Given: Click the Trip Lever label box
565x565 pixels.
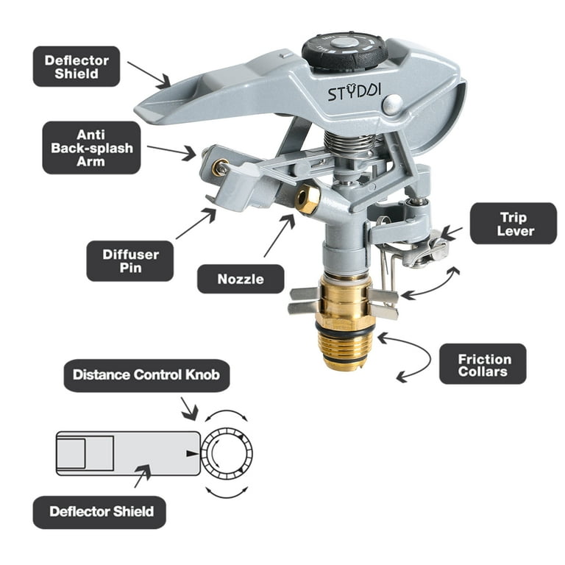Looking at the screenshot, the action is [x=513, y=224].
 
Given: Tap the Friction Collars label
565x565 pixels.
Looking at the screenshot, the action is [x=483, y=363].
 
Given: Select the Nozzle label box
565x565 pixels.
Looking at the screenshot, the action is [x=241, y=279].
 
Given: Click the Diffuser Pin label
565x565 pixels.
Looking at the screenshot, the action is [x=130, y=261].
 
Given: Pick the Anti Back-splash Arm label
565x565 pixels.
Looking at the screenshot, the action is [x=91, y=148].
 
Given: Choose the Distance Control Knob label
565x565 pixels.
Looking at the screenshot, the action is [x=146, y=375].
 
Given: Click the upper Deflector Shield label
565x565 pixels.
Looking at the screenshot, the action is [x=77, y=66].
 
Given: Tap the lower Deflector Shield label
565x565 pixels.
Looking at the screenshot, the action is [x=99, y=512].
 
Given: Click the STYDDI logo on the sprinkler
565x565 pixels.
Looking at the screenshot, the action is [x=354, y=93].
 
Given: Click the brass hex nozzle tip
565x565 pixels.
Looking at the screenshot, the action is [x=308, y=197].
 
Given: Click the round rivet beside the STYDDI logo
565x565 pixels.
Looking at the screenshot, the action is [x=392, y=105].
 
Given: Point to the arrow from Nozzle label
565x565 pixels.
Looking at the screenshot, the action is [x=280, y=234].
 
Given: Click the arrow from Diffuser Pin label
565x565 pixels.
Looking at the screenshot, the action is [x=196, y=224].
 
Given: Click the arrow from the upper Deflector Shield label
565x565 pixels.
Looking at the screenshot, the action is [x=149, y=74].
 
